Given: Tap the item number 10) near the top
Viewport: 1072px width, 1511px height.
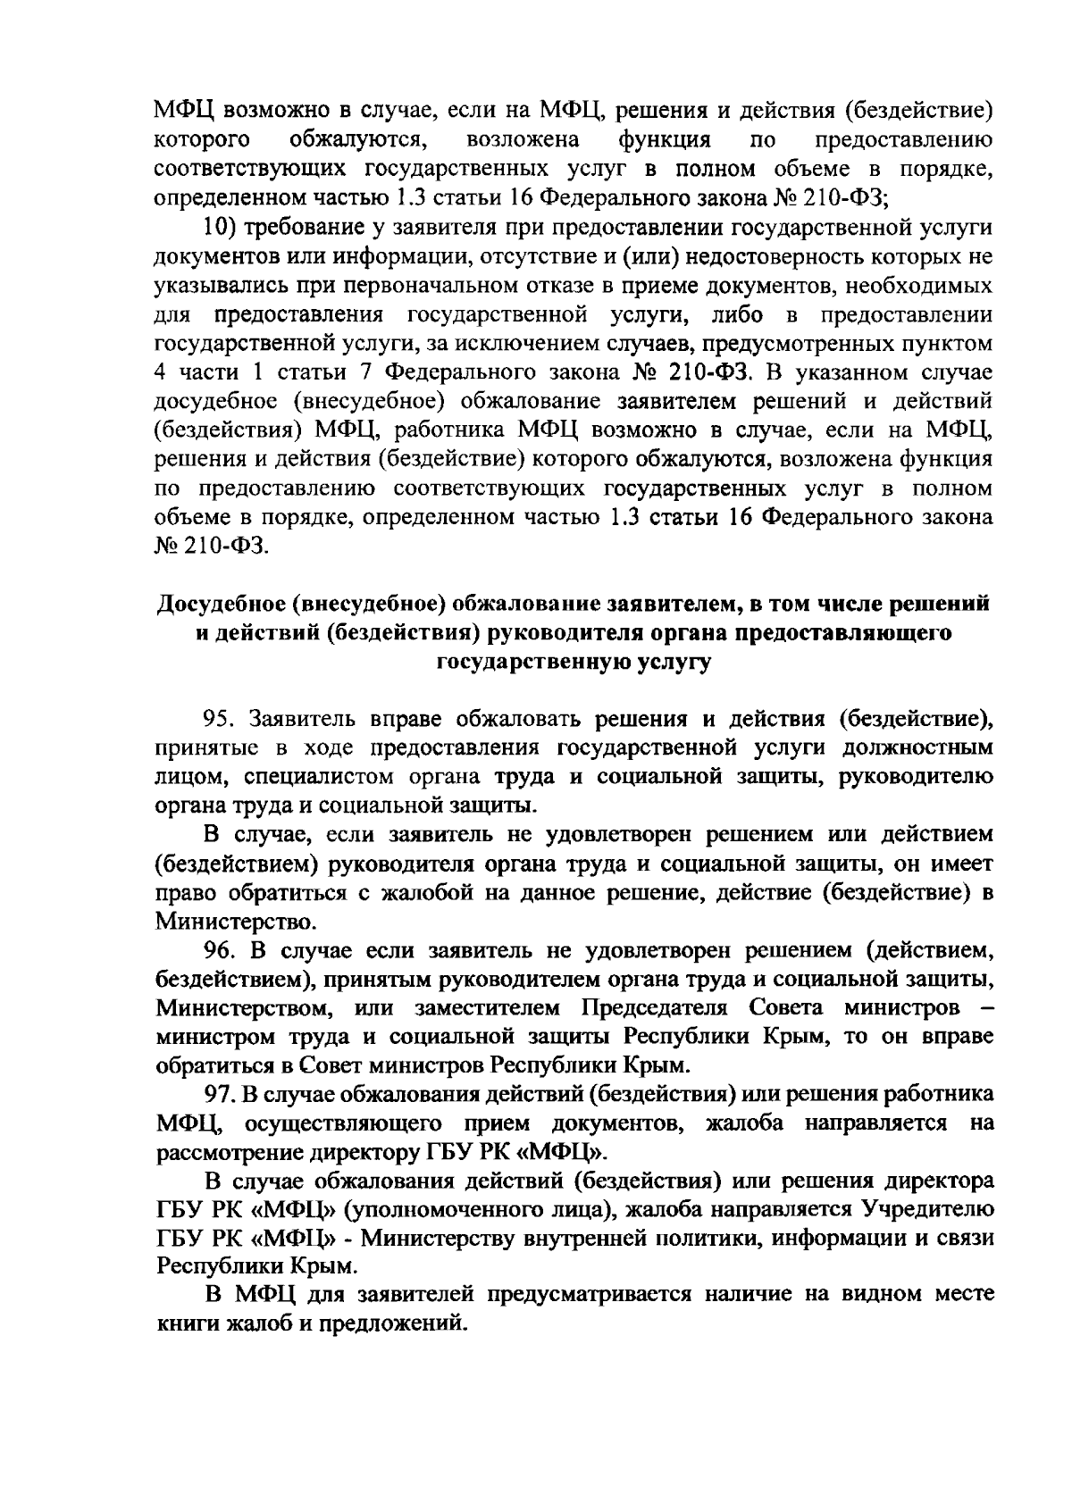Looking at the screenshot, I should coord(214,227).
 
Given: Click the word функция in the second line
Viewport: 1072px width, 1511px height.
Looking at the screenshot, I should coord(666,140).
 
